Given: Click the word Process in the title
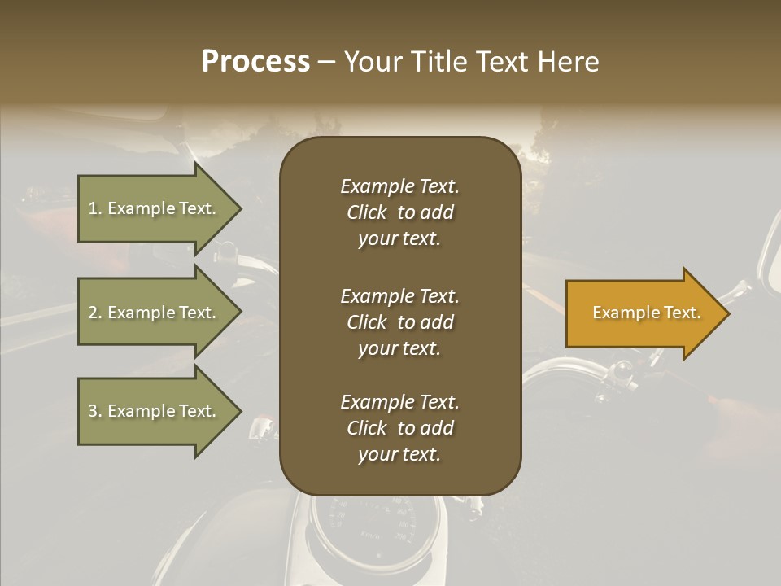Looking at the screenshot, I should pyautogui.click(x=255, y=62).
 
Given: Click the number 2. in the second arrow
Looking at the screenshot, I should pyautogui.click(x=94, y=313).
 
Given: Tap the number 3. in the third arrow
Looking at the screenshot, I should pyautogui.click(x=94, y=411).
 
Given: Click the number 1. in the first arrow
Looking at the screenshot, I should pyautogui.click(x=94, y=208).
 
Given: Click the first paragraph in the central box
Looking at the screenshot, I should pyautogui.click(x=399, y=212).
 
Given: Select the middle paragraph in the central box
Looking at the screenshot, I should pyautogui.click(x=399, y=322).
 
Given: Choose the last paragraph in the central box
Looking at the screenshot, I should pyautogui.click(x=399, y=428).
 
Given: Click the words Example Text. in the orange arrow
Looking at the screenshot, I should pyautogui.click(x=646, y=313).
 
